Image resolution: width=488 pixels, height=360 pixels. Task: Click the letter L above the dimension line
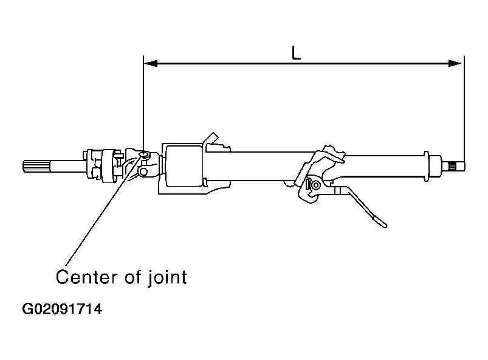pyautogui.click(x=296, y=53)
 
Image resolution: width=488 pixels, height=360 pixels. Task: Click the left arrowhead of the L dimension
pyautogui.click(x=149, y=63)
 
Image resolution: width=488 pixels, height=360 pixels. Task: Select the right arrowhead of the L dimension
pyautogui.click(x=458, y=63)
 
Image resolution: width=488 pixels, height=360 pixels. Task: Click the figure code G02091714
pyautogui.click(x=62, y=310)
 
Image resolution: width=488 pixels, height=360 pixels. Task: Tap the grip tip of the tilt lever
pyautogui.click(x=381, y=222)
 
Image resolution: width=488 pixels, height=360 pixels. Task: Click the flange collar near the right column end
pyautogui.click(x=435, y=165)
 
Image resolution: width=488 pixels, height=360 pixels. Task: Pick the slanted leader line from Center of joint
pyautogui.click(x=97, y=213)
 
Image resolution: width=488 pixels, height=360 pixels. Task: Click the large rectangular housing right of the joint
pyautogui.click(x=184, y=166)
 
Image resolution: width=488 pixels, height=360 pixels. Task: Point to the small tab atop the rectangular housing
pyautogui.click(x=212, y=139)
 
